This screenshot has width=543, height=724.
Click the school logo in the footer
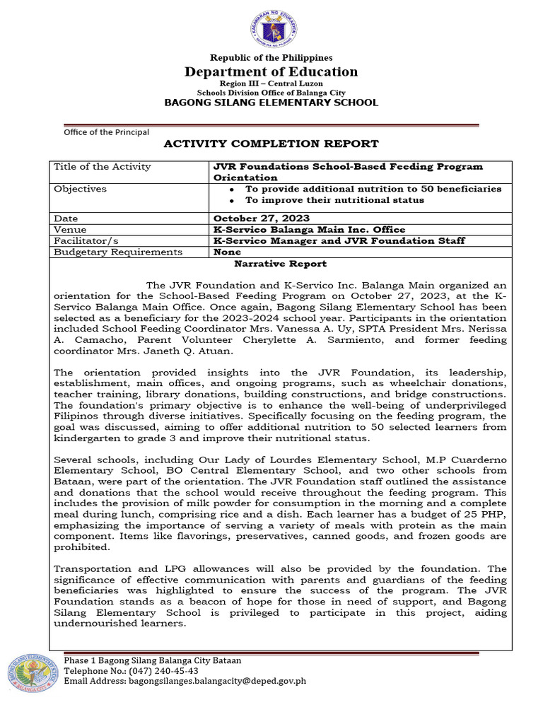(32, 672)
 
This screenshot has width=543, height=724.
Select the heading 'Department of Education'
(271, 71)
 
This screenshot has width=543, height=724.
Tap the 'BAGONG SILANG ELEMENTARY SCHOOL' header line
(271, 103)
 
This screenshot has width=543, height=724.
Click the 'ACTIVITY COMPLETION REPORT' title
(271, 144)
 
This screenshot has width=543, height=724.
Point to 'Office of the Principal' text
(107, 132)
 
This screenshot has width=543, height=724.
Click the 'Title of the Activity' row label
(103, 167)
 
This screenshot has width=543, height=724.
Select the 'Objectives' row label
(81, 189)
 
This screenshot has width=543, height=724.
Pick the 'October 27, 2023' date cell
(262, 218)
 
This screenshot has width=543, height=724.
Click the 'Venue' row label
(71, 230)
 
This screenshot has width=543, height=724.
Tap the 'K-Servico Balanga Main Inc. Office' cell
(310, 230)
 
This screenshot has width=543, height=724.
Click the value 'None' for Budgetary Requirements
(227, 252)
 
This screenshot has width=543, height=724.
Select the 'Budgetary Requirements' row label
(118, 252)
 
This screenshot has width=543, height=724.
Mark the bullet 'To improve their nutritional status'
(334, 200)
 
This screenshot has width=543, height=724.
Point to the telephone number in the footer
(131, 670)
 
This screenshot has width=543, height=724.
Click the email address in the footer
(185, 681)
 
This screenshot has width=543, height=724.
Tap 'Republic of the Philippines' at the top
(271, 57)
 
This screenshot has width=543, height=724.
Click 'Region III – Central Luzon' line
(271, 83)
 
